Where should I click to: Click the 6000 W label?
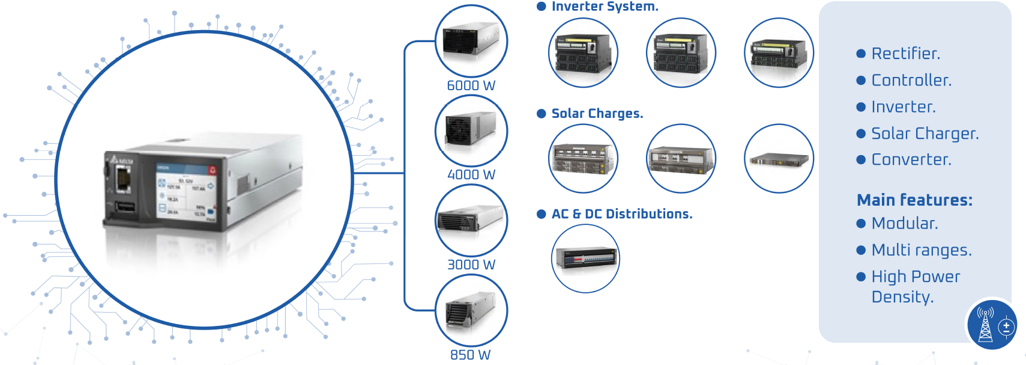(471, 85)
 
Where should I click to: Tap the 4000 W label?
(471, 174)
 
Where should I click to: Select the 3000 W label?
(471, 265)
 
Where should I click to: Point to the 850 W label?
(470, 355)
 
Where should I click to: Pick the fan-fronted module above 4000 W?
(471, 130)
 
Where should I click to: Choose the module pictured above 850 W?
(471, 310)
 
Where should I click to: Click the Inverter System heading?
(605, 7)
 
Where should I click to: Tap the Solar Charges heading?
(597, 114)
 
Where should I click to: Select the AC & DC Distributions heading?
(621, 214)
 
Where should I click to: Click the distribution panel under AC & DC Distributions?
(585, 259)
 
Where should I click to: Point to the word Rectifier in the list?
(905, 54)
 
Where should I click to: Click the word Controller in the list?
(911, 80)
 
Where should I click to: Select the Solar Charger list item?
(925, 133)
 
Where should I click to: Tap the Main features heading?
(914, 200)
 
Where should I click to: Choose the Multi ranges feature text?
(921, 250)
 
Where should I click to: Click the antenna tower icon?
(985, 325)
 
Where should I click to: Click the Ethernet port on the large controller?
(122, 179)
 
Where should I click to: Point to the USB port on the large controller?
(125, 208)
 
